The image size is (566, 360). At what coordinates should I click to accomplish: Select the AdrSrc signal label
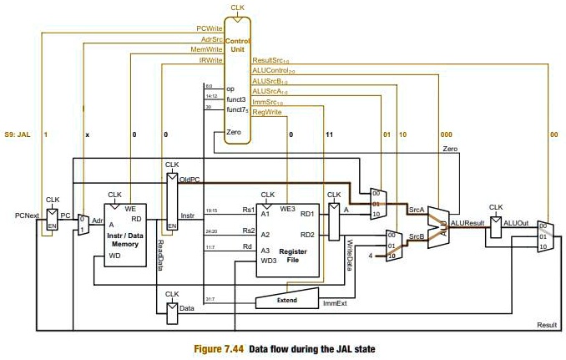210,39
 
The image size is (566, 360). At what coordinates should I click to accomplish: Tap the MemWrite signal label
207,49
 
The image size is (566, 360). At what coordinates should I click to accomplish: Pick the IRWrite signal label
210,60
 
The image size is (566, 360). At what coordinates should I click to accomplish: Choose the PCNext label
28,215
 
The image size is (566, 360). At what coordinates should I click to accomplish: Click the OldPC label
189,180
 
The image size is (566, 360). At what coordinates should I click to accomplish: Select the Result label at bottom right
547,323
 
